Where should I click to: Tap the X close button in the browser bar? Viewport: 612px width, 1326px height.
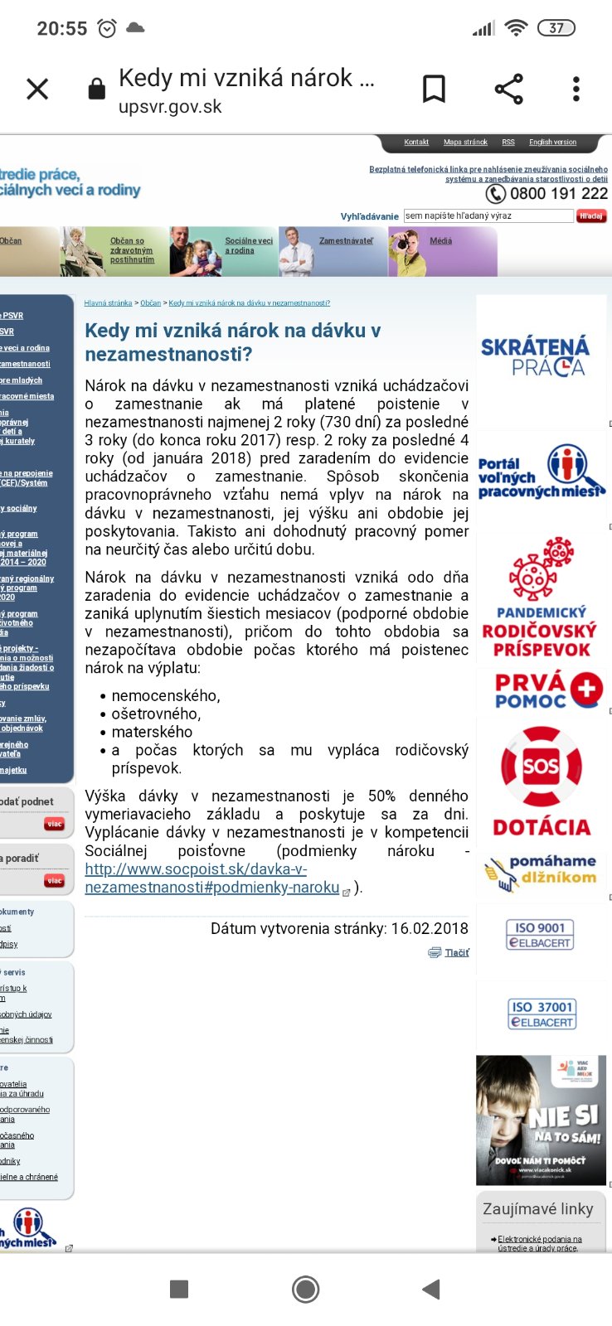(37, 89)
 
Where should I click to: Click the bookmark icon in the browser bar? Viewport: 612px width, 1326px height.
(434, 89)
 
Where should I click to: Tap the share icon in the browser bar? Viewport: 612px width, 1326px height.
(508, 89)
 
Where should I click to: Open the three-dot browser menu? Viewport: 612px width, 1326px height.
(576, 89)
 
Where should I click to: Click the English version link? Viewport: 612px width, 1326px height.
(552, 143)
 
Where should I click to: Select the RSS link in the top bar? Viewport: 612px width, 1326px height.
(508, 143)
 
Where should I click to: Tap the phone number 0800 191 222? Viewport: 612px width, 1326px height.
(558, 194)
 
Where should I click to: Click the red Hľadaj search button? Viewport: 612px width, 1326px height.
(591, 216)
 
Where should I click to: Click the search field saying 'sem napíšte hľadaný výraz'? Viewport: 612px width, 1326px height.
(488, 216)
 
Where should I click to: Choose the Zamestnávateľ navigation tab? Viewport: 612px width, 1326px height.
(346, 241)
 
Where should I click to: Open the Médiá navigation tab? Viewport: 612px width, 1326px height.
(440, 241)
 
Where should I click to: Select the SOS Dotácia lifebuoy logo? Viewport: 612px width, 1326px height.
(541, 767)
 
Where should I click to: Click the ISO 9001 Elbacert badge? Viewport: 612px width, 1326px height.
(541, 935)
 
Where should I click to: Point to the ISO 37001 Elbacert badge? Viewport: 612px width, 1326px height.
(542, 1014)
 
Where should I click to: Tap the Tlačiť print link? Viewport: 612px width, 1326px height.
(456, 953)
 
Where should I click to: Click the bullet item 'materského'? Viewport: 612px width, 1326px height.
(152, 732)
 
